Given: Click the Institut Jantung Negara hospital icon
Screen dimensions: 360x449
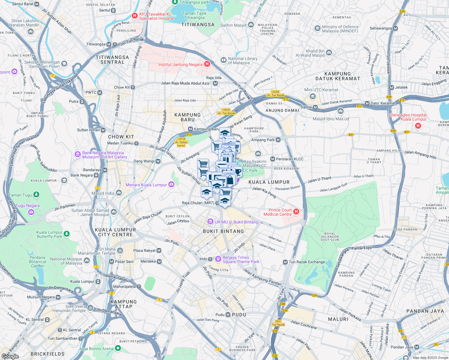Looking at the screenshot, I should [x=207, y=64].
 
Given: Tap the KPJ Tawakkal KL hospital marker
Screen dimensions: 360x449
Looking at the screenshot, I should [x=135, y=15].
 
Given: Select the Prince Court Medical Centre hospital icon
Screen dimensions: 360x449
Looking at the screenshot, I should [x=296, y=212].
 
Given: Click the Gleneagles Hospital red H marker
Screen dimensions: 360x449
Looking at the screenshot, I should [x=418, y=126].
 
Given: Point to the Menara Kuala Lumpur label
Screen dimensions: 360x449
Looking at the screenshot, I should [x=146, y=185].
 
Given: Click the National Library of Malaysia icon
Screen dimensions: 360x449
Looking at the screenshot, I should [x=223, y=60].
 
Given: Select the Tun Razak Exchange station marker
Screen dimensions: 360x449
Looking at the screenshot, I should [x=285, y=262].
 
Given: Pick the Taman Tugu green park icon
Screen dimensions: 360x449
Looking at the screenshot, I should [x=36, y=195].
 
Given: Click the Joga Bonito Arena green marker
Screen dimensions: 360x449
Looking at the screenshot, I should [x=118, y=348].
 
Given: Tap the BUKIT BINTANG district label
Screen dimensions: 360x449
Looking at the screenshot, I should [x=223, y=231].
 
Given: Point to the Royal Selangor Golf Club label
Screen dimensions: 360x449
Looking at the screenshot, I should [x=330, y=237].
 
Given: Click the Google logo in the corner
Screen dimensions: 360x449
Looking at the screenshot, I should [x=10, y=356].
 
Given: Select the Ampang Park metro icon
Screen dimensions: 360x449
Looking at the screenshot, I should [x=278, y=140].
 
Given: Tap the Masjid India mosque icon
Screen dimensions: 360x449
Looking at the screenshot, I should [x=119, y=193].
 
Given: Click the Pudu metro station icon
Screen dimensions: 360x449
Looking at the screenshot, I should [x=228, y=314].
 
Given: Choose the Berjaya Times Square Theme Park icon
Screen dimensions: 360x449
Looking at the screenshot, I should [x=218, y=258].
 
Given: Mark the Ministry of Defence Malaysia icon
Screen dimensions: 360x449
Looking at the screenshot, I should [x=318, y=28].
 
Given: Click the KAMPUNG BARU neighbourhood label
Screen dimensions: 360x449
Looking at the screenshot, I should [x=188, y=117].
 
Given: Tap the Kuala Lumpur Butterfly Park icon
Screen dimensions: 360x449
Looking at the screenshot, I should [x=67, y=234].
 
